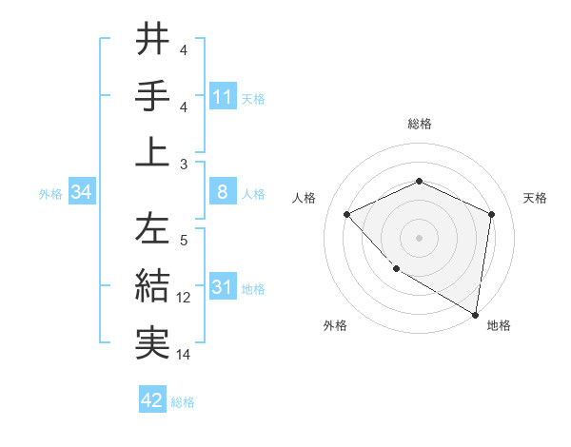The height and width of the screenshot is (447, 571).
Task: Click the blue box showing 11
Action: (222, 96)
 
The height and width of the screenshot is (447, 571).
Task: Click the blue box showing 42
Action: (152, 400)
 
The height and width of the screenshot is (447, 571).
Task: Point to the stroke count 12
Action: (184, 298)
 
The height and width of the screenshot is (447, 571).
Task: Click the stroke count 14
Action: (184, 355)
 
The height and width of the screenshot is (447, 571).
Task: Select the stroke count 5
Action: (184, 241)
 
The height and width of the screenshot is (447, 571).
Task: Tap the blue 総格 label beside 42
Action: (183, 402)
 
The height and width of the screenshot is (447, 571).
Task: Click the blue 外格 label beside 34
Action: (50, 194)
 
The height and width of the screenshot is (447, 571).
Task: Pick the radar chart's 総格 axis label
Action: (420, 124)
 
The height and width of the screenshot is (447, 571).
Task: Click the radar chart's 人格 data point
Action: (347, 214)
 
